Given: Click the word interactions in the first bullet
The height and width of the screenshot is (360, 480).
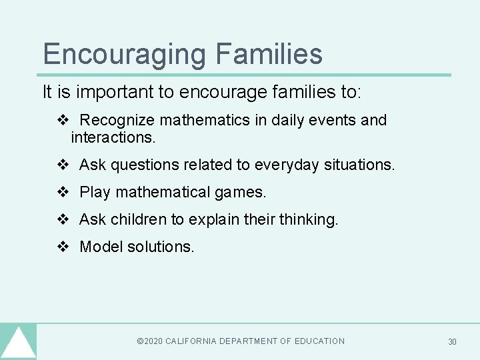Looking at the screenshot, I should pos(111,138).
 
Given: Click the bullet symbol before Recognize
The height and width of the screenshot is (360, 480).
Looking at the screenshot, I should pos(63,121).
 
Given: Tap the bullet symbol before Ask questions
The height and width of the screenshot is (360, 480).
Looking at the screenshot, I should pos(63,165).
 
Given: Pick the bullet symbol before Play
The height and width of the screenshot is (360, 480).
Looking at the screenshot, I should pos(63,193).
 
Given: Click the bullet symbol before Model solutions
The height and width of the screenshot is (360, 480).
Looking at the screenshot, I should pos(63,247).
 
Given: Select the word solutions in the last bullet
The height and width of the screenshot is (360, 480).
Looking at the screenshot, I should pos(161,247).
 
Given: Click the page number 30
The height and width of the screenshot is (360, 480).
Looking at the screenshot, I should pos(452,342).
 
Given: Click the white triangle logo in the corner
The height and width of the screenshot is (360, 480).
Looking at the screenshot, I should pos(18,343).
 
